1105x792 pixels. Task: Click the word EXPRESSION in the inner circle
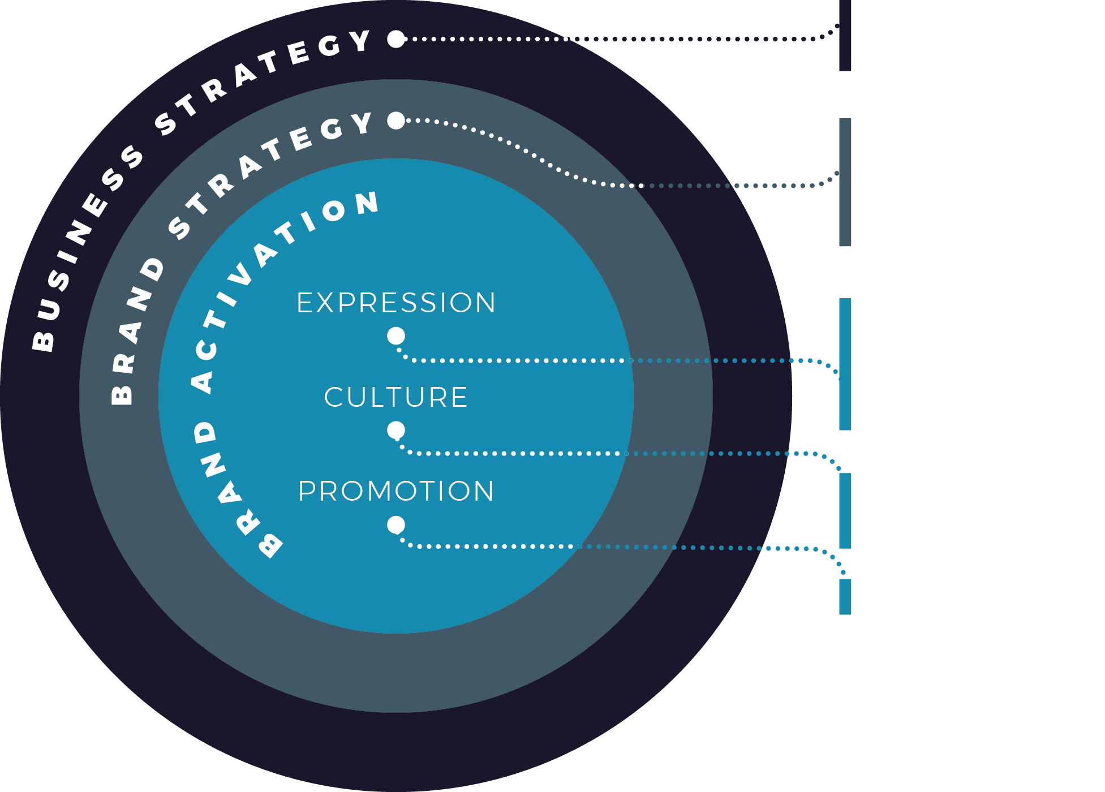(396, 303)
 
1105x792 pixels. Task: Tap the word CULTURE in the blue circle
(396, 397)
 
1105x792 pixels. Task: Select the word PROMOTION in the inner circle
(396, 491)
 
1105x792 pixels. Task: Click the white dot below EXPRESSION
(396, 336)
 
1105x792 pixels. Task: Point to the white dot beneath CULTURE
(396, 431)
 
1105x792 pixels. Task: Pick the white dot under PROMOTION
(396, 525)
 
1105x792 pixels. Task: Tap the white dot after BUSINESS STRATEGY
(396, 39)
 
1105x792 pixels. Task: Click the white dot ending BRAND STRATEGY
(396, 120)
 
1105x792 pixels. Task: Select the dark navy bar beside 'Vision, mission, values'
(845, 35)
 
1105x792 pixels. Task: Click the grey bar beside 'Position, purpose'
(845, 182)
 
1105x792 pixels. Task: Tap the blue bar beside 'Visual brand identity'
(845, 364)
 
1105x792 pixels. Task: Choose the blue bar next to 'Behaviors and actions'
(845, 510)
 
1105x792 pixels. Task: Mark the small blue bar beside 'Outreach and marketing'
(845, 596)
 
